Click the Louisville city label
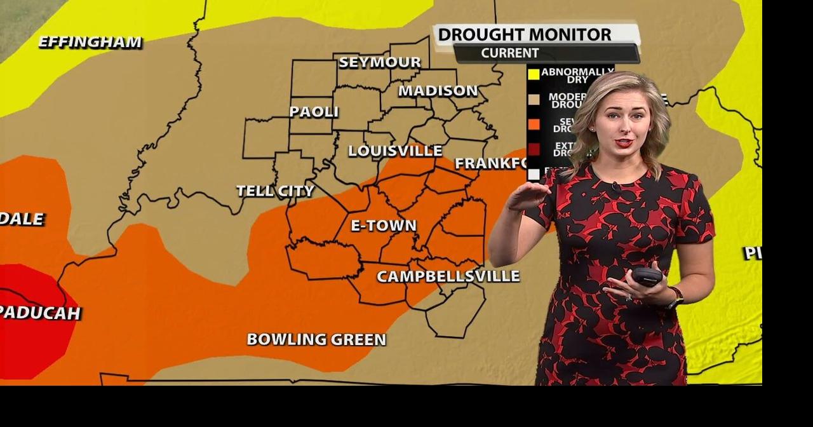(x=395, y=151)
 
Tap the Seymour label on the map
(x=380, y=62)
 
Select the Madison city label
(x=438, y=91)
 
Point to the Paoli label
(x=314, y=112)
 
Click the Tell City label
(x=275, y=191)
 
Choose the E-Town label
(x=384, y=226)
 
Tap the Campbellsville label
(x=448, y=276)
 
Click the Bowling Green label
(x=316, y=339)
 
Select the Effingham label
(x=90, y=43)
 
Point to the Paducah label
(x=39, y=313)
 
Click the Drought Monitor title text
(x=525, y=34)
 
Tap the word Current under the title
(x=510, y=53)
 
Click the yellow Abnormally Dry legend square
(x=534, y=74)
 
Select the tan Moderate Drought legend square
(x=534, y=98)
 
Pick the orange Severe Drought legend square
(x=534, y=124)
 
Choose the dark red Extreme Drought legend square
(x=534, y=149)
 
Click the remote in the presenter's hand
(x=647, y=276)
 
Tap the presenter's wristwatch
(x=675, y=297)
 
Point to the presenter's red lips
(x=623, y=143)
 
